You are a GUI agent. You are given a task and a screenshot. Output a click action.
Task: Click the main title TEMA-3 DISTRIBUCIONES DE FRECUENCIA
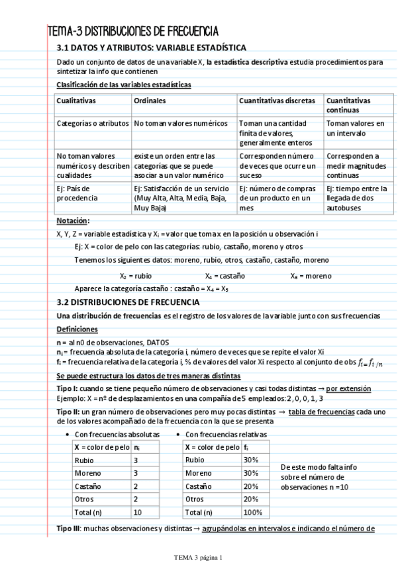133,31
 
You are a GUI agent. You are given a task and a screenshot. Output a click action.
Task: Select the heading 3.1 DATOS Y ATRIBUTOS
152,48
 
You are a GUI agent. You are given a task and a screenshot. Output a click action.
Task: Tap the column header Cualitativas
77,101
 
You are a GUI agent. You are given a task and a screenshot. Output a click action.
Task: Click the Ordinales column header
150,101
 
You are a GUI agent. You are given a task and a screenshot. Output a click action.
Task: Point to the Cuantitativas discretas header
277,101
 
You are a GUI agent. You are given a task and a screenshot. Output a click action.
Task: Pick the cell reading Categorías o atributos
93,124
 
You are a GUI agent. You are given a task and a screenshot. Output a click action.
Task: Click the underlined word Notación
72,221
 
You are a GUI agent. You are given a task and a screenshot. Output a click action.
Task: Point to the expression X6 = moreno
311,276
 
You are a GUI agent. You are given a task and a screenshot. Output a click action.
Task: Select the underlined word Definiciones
77,329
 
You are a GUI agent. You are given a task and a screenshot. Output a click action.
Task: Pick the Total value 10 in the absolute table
138,512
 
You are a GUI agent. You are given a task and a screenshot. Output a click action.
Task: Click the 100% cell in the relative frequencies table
252,512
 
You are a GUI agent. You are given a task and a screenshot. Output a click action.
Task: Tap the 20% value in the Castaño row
251,486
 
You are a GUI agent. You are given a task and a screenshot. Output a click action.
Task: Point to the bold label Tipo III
68,529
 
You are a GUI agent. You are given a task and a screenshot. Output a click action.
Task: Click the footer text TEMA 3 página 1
199,556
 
